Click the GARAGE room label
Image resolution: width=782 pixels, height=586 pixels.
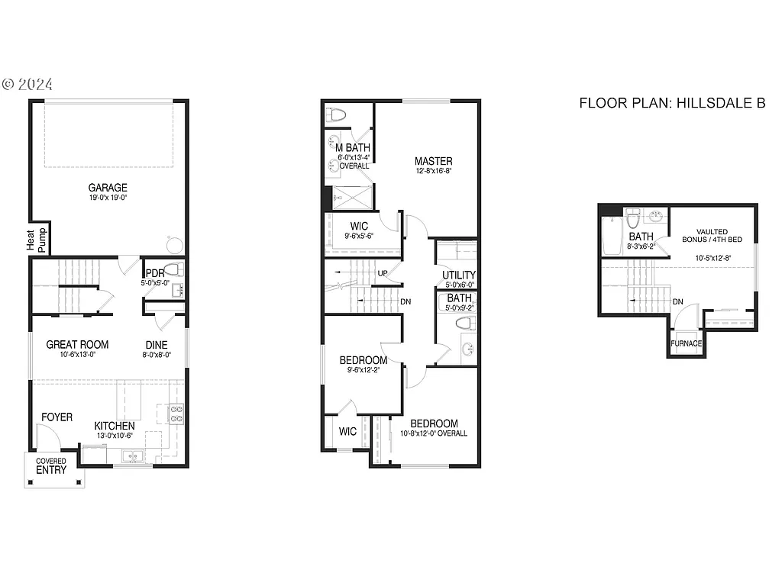(108, 188)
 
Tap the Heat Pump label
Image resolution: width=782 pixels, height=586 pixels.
(37, 239)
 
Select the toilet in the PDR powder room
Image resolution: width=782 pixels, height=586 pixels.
(173, 270)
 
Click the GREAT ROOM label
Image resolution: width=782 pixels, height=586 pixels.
(77, 345)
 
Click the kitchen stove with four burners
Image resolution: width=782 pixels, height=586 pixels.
(176, 414)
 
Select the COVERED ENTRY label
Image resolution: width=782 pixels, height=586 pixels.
(52, 466)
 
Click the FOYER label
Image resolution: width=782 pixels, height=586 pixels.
(57, 417)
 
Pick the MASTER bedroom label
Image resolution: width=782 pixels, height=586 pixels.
(433, 161)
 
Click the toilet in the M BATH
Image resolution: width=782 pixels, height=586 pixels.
(336, 115)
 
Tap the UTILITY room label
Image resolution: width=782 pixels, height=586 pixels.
(458, 275)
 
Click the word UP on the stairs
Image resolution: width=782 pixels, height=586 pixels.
(383, 272)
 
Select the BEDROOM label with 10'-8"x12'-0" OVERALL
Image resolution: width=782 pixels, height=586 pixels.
(434, 424)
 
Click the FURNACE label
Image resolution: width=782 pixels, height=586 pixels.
(687, 343)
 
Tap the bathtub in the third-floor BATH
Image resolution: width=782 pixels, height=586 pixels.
(612, 237)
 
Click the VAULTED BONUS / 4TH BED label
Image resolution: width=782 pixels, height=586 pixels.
(712, 236)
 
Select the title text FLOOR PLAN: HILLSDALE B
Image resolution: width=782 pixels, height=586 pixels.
(672, 103)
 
